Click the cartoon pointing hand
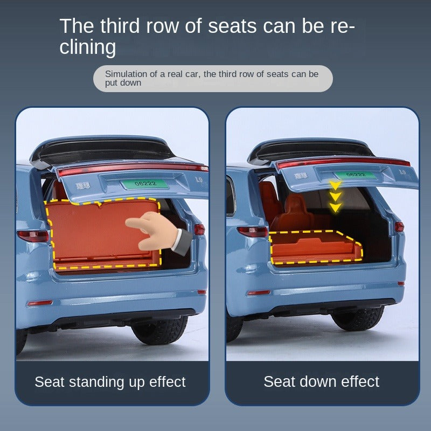click(x=158, y=232)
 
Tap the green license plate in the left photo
click(x=145, y=183)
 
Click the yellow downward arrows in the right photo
click(x=335, y=196)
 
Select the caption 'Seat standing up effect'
click(x=110, y=382)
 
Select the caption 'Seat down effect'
click(x=321, y=381)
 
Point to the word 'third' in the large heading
click(x=120, y=26)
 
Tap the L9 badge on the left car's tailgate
click(x=199, y=179)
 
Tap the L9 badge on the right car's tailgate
click(x=402, y=172)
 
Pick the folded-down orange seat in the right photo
click(x=316, y=247)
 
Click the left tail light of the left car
click(x=33, y=236)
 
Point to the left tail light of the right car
click(x=252, y=232)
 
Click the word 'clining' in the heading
click(x=88, y=47)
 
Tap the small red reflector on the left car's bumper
click(x=40, y=303)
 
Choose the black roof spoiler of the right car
click(x=311, y=151)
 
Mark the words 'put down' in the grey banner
click(x=123, y=83)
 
